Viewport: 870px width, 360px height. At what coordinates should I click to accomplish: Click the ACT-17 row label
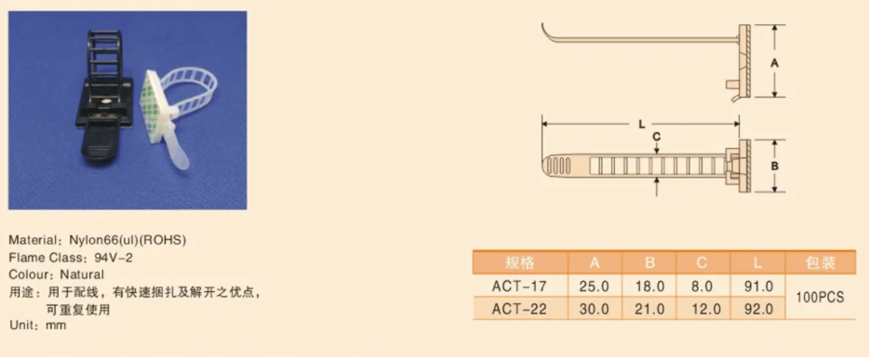(519, 287)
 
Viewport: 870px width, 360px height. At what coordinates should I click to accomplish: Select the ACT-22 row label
(519, 309)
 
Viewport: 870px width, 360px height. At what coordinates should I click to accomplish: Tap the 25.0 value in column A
(595, 287)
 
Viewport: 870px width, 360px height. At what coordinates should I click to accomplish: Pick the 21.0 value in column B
(649, 309)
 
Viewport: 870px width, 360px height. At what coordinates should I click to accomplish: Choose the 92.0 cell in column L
(759, 309)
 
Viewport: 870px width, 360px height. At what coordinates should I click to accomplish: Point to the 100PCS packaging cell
(820, 298)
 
